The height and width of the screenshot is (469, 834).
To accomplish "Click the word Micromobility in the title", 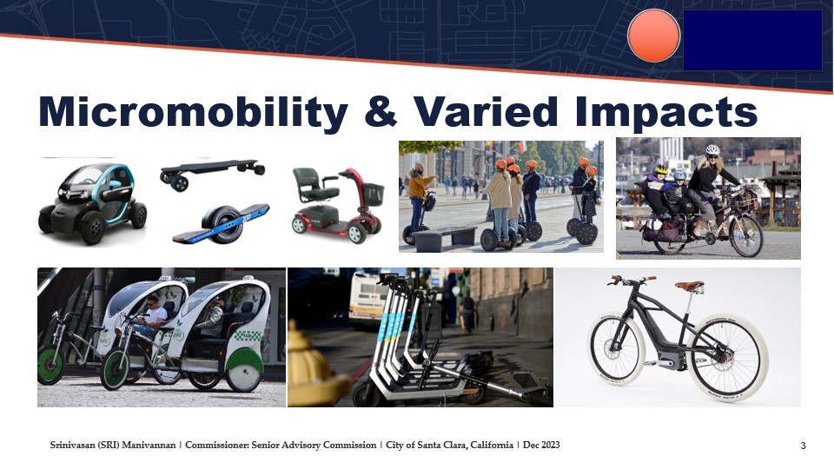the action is tap(194, 112).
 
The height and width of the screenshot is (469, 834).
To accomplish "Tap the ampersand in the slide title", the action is tap(381, 112).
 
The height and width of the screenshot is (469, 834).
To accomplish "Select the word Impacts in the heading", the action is tap(666, 113).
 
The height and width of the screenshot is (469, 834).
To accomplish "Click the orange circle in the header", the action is tap(653, 36).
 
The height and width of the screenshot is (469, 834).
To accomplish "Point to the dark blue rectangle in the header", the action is tap(752, 41).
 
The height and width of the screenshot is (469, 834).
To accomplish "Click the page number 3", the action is tap(803, 446).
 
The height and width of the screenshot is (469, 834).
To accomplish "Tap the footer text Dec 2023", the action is tap(541, 445).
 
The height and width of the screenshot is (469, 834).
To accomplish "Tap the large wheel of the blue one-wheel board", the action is tap(222, 224).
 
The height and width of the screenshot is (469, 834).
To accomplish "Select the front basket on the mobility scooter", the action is tap(373, 194).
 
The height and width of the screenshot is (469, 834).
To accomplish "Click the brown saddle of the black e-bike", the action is tap(689, 286).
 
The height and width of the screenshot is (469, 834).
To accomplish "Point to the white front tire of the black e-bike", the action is tap(617, 348).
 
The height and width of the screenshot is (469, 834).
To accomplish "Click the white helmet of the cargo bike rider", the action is tap(712, 150).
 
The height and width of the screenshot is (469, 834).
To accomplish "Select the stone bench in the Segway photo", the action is tap(445, 238).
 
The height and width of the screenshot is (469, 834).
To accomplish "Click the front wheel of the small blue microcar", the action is tap(93, 228).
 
